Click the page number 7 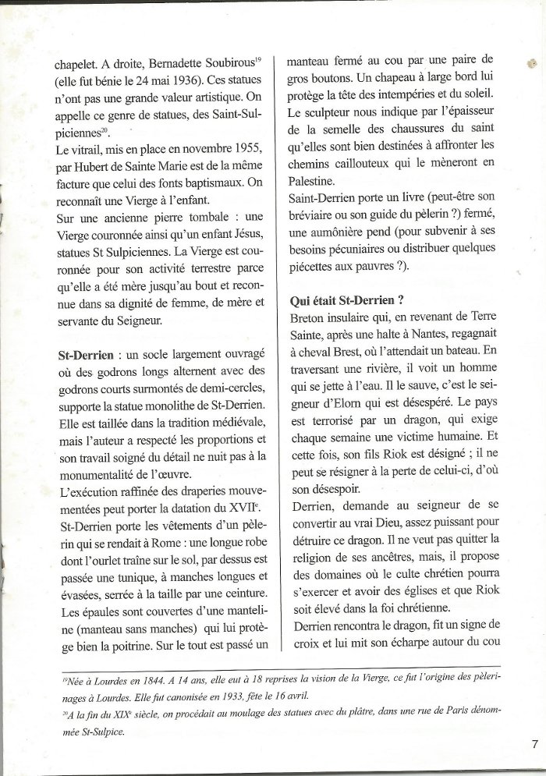(x=534, y=744)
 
